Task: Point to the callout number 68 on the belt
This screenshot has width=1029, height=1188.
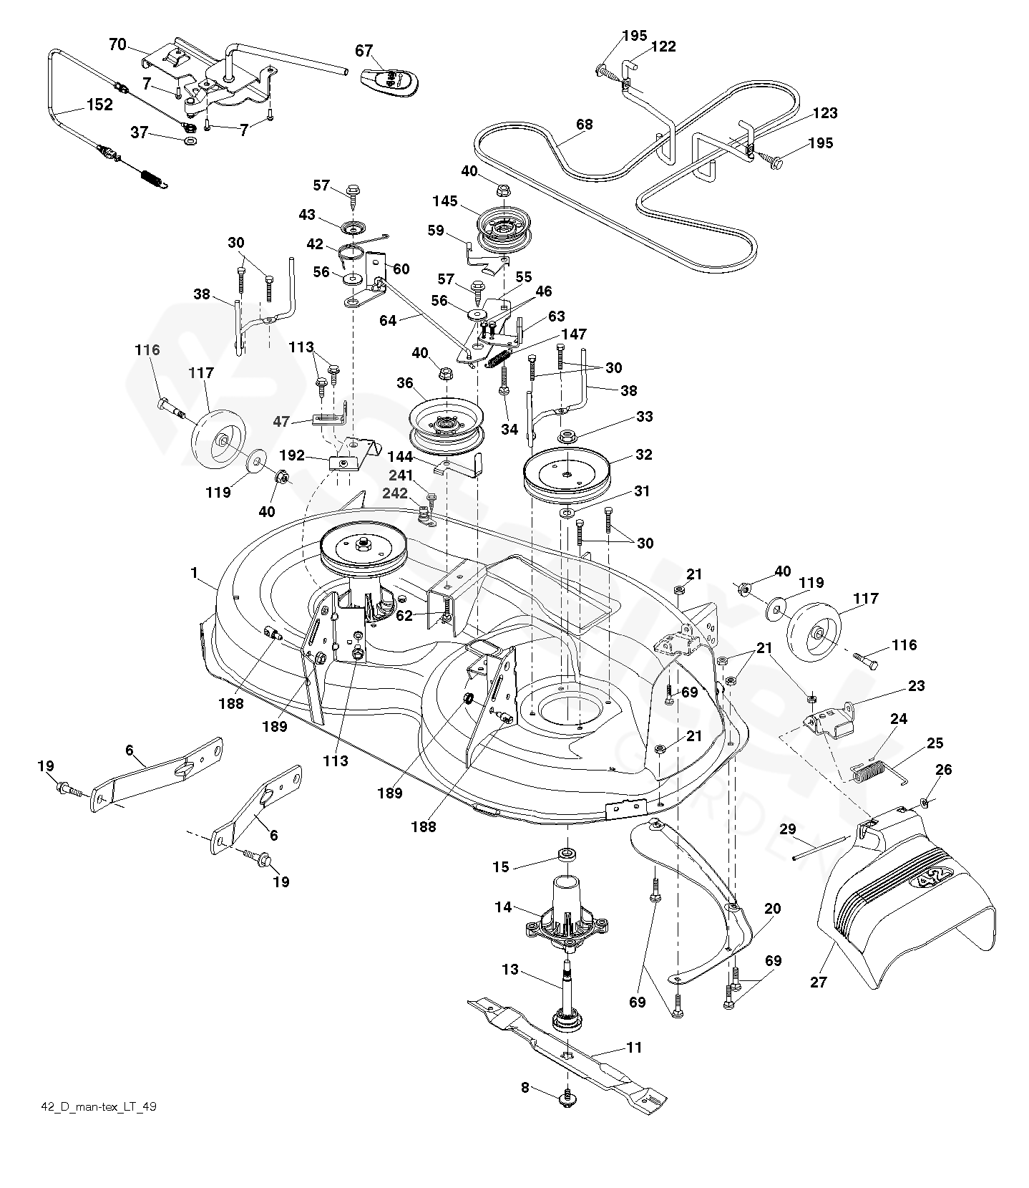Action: point(584,125)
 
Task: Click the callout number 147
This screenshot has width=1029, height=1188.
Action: point(574,334)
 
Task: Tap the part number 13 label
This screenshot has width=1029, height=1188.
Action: point(510,970)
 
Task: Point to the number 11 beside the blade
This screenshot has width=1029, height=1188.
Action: point(634,1048)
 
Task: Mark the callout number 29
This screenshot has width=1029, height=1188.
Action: point(787,829)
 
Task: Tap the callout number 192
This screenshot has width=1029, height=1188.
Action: point(292,455)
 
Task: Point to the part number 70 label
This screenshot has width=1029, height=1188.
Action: point(117,45)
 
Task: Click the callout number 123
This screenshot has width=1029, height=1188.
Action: point(824,113)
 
